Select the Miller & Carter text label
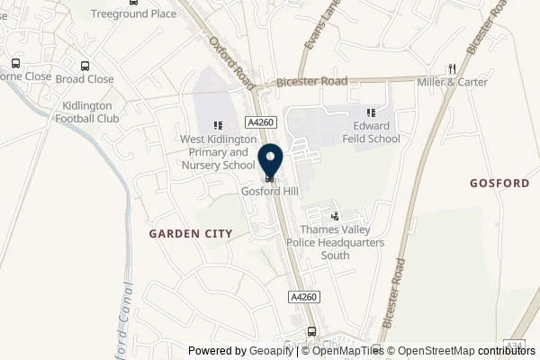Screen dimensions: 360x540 (453, 83)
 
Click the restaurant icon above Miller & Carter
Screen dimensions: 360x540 (453, 67)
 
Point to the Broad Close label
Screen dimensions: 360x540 (85, 79)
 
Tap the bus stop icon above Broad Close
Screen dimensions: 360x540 (85, 66)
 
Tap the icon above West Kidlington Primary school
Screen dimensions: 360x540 (217, 126)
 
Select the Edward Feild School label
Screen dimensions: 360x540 (370, 133)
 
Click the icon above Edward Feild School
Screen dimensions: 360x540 (370, 112)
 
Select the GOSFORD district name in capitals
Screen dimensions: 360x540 (499, 183)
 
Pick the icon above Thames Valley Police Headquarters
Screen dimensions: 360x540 (336, 216)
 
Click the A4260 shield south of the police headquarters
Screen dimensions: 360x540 (304, 296)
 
